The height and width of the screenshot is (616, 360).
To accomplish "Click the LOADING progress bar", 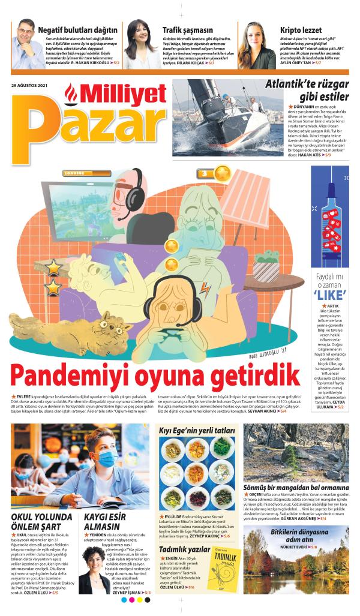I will (83, 173).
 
